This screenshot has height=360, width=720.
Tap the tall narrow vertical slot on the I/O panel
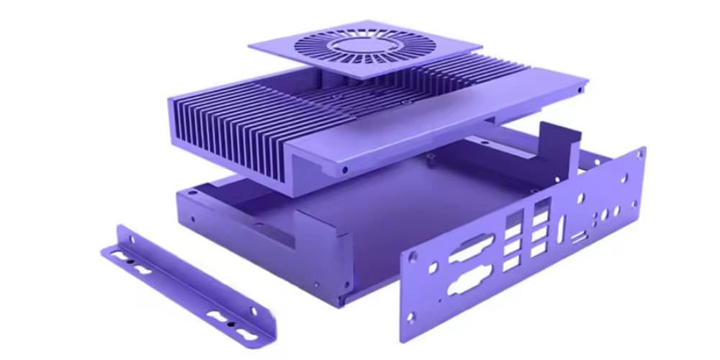point(559,237)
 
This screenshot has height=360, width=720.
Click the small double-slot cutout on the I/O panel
point(579,237)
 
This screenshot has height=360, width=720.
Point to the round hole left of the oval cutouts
point(432,269)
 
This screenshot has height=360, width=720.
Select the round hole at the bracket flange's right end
point(253,311)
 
